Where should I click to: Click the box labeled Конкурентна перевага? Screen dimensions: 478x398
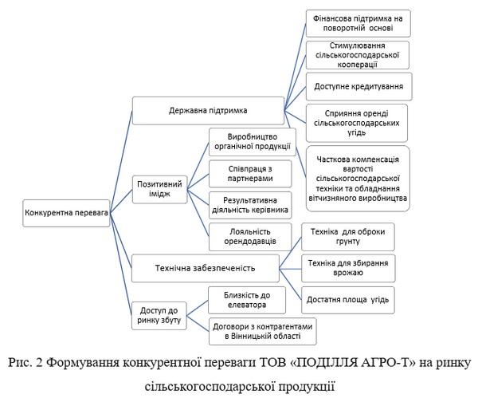click(x=66, y=213)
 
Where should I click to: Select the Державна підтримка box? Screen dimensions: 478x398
click(x=208, y=111)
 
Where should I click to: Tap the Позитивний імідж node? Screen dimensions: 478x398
click(x=159, y=189)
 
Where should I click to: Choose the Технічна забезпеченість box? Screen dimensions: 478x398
click(x=206, y=268)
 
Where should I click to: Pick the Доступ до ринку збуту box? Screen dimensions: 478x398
click(x=159, y=316)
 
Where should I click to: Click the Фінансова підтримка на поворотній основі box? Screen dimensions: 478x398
click(x=358, y=23)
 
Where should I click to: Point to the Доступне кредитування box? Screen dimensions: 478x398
click(x=358, y=86)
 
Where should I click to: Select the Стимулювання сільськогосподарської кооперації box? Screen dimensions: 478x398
click(x=357, y=55)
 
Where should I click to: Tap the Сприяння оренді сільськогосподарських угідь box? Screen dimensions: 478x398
click(x=357, y=123)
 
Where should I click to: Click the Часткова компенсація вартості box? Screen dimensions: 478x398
click(x=358, y=179)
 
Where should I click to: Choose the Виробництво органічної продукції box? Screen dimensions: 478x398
click(x=253, y=142)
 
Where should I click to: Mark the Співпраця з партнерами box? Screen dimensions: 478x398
click(x=250, y=174)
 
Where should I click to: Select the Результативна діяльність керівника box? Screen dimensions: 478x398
click(x=250, y=205)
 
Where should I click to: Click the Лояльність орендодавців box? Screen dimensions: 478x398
click(x=250, y=237)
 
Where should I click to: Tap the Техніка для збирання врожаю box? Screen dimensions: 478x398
click(x=348, y=268)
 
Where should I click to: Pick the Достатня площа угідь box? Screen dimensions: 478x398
click(x=348, y=300)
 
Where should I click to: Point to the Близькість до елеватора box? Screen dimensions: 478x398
click(x=247, y=300)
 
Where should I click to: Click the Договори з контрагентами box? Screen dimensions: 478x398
click(x=262, y=332)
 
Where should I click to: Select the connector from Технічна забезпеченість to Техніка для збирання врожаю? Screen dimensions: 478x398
click(x=290, y=269)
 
